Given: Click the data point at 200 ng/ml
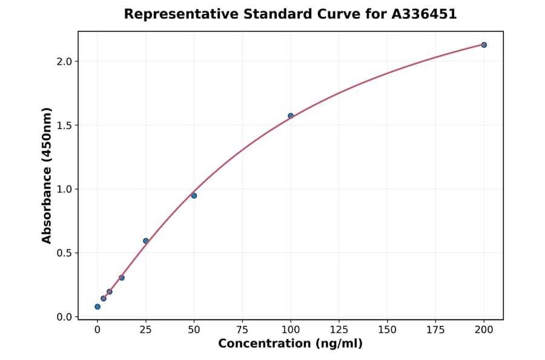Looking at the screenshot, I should click(484, 45).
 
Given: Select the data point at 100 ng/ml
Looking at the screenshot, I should click(291, 116).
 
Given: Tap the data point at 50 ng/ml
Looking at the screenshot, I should click(194, 196).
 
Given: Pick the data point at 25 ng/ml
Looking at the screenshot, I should click(146, 241).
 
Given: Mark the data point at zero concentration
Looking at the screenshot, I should click(97, 307).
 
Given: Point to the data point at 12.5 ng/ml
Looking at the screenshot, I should click(122, 278).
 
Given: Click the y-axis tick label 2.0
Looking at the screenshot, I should click(64, 61).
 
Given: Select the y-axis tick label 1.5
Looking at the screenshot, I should click(64, 125).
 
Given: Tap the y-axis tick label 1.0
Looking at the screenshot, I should click(64, 189).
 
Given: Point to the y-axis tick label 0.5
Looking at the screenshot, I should click(64, 253).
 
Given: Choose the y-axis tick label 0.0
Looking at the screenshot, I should click(64, 317).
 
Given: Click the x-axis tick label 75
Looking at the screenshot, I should click(242, 330).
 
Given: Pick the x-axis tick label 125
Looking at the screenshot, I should click(339, 330).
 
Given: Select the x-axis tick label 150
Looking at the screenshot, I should click(388, 330).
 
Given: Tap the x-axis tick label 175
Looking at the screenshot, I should click(436, 330).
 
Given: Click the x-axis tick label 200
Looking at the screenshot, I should click(484, 330).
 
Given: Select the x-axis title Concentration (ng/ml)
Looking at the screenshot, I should click(291, 344).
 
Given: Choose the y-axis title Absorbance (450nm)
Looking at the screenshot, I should click(47, 175).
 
